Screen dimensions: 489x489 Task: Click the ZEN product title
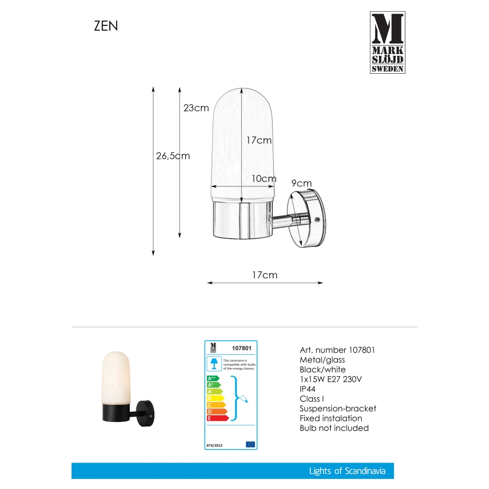coord(106,26)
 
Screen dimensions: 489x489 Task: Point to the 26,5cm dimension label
coord(172,156)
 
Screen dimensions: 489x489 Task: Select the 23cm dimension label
coord(196,108)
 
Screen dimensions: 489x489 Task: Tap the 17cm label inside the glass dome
coord(259,140)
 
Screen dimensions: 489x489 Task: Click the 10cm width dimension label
coord(264,179)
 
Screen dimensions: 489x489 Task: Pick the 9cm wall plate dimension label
coord(301,183)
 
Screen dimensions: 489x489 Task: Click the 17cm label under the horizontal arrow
coord(264,275)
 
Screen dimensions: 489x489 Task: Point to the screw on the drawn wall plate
coord(317,220)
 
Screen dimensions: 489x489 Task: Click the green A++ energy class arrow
coord(213,378)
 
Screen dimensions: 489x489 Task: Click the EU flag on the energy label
coord(250,444)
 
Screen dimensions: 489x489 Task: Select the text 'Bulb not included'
coord(334,428)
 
